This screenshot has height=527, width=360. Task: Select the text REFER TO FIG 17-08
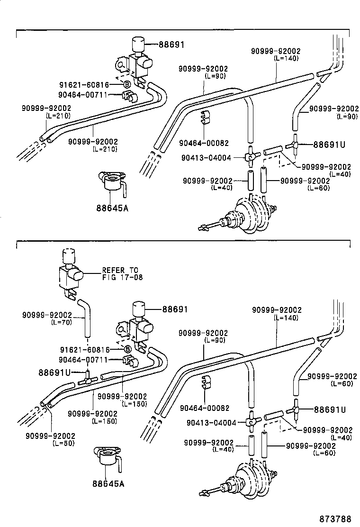[122, 274]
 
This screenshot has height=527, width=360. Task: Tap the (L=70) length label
[61, 322]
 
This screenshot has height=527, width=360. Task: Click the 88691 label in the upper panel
[171, 45]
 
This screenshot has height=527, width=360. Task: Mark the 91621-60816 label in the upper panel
[83, 85]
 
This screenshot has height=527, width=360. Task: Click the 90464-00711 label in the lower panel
[83, 360]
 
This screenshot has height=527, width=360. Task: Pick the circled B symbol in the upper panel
[127, 85]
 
